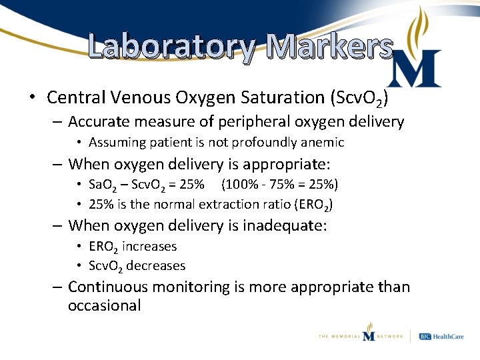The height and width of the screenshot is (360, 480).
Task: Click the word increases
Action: pyautogui.click(x=149, y=246)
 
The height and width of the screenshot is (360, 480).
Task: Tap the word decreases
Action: pyautogui.click(x=156, y=266)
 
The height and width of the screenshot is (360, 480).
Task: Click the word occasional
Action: pyautogui.click(x=104, y=306)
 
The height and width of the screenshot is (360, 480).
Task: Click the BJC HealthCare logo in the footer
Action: pyautogui.click(x=443, y=336)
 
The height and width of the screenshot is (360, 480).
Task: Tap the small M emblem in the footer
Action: pyautogui.click(x=369, y=331)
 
